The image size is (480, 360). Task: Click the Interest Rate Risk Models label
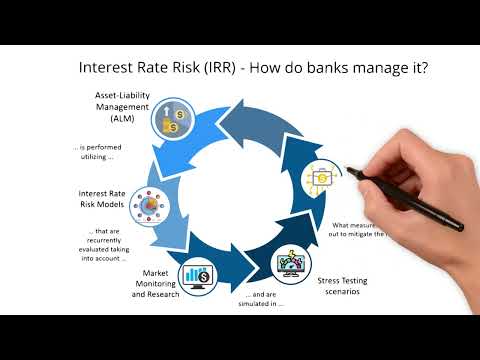tap(101, 199)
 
